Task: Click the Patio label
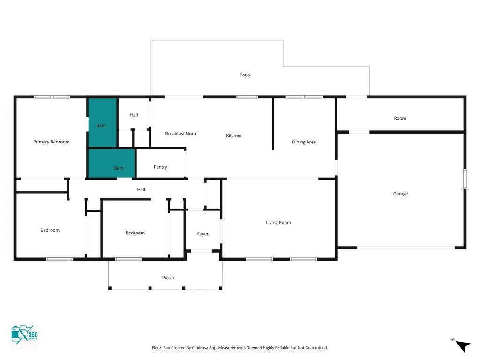(245, 75)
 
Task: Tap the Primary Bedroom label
(52, 142)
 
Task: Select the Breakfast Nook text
(181, 134)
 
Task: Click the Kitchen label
(233, 135)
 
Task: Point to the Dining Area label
(304, 142)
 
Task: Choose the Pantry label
(160, 167)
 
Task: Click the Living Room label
(278, 223)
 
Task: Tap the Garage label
(400, 194)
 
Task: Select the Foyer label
(202, 234)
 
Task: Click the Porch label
(168, 277)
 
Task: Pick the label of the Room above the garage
(400, 118)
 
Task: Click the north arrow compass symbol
(462, 345)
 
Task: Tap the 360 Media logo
(24, 335)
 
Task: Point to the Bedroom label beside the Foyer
(135, 233)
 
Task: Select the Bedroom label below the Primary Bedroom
(50, 230)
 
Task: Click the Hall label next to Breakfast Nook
(134, 115)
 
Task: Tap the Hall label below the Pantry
(141, 190)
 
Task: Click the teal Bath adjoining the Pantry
(112, 163)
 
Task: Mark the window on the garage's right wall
(465, 179)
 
